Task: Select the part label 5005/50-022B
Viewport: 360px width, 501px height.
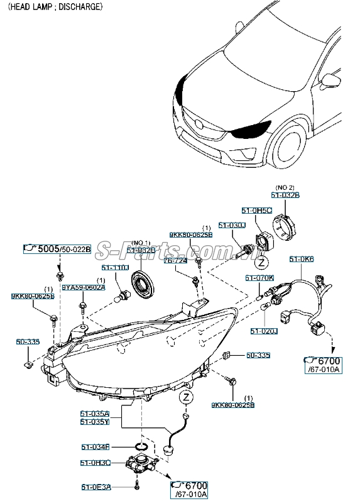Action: [57, 250]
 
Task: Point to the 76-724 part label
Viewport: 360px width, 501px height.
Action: [175, 260]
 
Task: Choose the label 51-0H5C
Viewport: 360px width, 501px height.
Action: [257, 210]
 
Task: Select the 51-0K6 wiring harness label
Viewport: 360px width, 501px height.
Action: [301, 259]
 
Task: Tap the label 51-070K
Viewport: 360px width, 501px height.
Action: [259, 277]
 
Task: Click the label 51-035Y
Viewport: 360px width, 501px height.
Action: [95, 422]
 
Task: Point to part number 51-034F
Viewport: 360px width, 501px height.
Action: [95, 448]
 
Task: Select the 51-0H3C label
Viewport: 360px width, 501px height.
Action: [95, 463]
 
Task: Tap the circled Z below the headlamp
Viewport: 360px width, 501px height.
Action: [185, 397]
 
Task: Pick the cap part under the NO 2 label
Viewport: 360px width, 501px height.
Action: [289, 223]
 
